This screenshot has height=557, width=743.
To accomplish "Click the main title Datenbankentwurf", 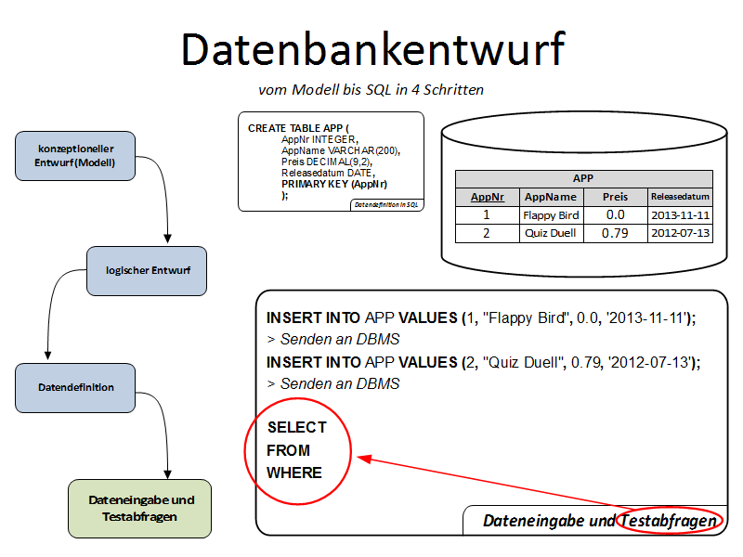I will [x=371, y=49].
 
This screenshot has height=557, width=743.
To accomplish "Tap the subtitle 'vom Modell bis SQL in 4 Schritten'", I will [x=371, y=90].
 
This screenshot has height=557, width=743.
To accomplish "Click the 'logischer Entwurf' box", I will [x=147, y=270].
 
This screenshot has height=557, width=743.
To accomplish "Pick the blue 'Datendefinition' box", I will [x=76, y=387].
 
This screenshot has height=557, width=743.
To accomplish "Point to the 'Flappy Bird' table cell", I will [x=551, y=214].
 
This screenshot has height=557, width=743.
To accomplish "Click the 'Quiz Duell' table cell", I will [x=551, y=233].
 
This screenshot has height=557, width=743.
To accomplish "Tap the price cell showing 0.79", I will [x=614, y=233].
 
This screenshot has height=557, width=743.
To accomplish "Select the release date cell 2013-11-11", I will [x=680, y=214].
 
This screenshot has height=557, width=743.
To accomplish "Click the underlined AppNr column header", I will [x=488, y=197].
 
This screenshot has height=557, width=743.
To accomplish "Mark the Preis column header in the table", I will [x=614, y=197].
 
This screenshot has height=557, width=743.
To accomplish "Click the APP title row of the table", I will [x=583, y=178].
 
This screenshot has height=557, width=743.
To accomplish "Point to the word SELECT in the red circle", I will [x=296, y=428].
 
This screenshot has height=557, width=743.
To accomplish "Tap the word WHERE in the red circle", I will [x=294, y=473].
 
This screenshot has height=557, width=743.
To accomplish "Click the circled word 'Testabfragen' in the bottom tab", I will [x=671, y=521].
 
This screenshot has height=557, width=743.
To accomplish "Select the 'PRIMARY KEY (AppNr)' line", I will [x=334, y=184].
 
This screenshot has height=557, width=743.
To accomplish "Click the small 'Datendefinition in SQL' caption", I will [x=386, y=204].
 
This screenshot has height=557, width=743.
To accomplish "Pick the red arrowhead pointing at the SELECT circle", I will [x=364, y=458].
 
